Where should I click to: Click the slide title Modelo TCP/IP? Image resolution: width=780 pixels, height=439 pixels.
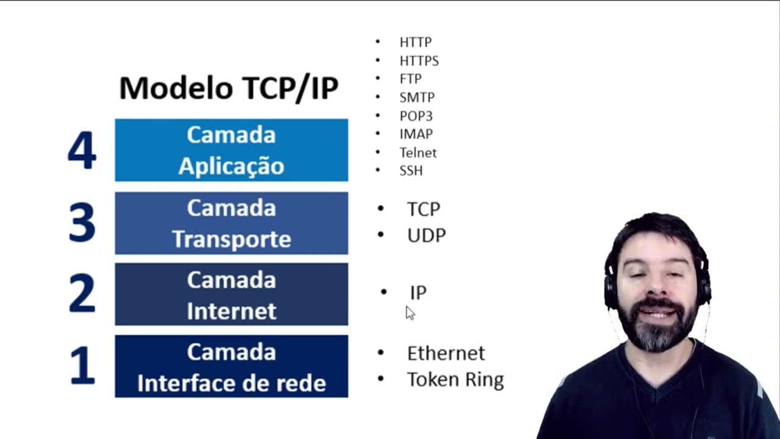point(229,88)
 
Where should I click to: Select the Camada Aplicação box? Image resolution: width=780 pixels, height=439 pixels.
point(232,150)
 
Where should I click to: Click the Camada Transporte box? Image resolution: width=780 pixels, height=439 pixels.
point(232,223)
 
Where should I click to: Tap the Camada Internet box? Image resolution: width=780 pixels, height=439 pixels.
point(232,294)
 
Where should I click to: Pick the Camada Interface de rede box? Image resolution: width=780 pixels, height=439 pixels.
point(232,366)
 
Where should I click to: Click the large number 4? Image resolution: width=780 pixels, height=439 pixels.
point(82,150)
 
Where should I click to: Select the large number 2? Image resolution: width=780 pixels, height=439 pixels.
point(82,294)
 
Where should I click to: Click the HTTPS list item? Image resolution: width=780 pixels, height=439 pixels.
point(419,61)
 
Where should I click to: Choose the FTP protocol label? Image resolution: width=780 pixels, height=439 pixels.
point(410,79)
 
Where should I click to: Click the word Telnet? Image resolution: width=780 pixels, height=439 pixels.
point(418,153)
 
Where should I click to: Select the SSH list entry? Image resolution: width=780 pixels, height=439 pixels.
point(411,171)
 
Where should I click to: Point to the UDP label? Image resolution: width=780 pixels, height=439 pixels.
point(426,236)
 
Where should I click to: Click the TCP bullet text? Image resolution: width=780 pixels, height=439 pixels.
point(423,209)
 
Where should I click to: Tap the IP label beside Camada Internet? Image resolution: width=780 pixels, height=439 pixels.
point(418,293)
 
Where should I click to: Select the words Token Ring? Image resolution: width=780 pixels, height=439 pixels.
point(455,380)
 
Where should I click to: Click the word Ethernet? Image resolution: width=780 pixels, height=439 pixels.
point(445,353)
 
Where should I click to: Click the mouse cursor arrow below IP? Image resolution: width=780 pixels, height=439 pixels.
point(409,313)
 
